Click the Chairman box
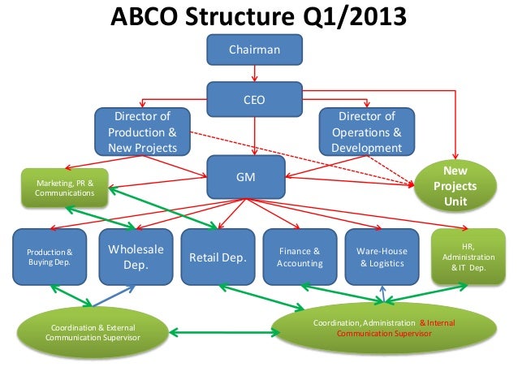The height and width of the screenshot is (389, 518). coord(254,50)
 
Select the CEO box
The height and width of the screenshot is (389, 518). coord(254,100)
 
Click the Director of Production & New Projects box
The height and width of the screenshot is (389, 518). coord(142,132)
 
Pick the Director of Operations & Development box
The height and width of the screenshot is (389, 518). coord(366,132)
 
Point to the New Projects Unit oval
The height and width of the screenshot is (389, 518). coord(455,186)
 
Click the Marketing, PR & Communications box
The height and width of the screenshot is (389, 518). coord(65,188)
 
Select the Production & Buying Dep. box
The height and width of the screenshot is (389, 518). coord(50,257)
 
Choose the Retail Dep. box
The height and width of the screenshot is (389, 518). coord(217,257)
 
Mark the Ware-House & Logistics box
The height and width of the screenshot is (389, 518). coord(381,257)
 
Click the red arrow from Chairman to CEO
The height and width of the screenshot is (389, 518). coord(255,74)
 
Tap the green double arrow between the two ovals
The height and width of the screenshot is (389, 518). coord(220,332)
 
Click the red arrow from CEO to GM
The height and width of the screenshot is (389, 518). coord(255,136)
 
